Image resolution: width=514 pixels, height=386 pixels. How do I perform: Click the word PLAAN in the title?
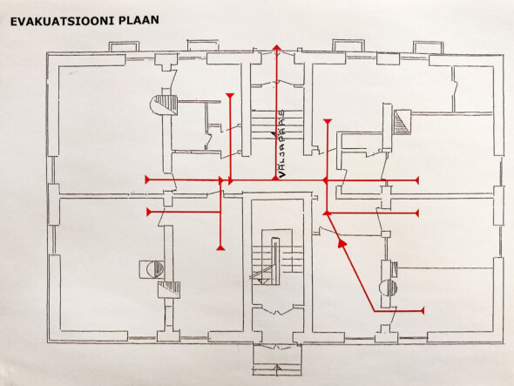click(139, 20)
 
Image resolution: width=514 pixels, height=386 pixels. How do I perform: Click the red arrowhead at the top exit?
click(277, 48)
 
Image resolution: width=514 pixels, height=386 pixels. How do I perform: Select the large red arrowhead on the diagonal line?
click(342, 243)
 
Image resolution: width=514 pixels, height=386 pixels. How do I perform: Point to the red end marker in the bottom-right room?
click(423, 310)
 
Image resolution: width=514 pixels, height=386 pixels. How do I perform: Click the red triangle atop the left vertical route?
click(231, 96)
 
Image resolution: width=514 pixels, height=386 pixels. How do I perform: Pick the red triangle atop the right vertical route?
click(328, 122)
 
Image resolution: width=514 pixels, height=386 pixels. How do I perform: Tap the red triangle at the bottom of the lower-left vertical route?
click(221, 247)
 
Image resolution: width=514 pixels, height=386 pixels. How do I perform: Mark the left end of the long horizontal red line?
click(146, 179)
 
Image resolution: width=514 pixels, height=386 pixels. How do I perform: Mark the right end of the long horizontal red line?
click(417, 180)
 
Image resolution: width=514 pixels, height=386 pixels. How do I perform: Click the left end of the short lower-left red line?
click(148, 213)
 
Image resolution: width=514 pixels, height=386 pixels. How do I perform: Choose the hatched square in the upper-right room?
click(402, 122)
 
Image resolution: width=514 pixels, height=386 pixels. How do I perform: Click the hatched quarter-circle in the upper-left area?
click(164, 105)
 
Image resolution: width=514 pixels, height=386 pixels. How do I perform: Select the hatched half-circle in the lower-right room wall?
click(389, 288)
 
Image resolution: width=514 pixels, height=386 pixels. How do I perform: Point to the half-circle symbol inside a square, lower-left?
click(152, 269)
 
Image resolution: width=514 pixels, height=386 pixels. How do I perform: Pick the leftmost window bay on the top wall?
click(124, 46)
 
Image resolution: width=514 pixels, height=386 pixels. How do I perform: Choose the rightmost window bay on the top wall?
click(428, 47)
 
